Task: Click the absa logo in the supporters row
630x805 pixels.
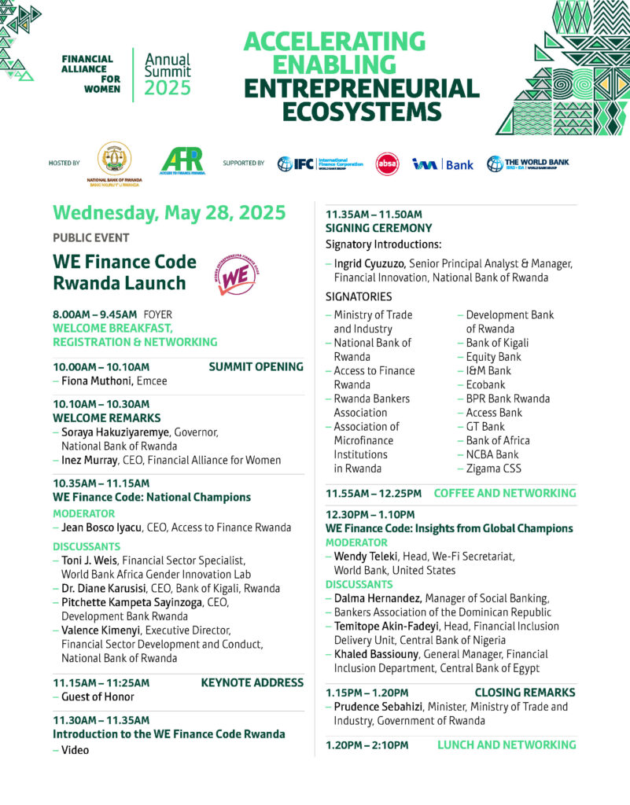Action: coord(387,164)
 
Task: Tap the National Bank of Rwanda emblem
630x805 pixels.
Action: coord(114,160)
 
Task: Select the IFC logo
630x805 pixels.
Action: coord(320,164)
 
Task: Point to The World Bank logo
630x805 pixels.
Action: coord(528,164)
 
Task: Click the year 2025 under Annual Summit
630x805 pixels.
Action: coord(168,88)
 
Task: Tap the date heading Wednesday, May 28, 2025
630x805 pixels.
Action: coord(169,213)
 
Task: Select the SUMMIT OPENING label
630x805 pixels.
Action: coord(256,366)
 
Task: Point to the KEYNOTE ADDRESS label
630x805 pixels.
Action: coord(252,682)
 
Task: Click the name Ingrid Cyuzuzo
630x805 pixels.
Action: coord(368,263)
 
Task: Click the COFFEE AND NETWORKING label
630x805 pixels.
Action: coord(504,493)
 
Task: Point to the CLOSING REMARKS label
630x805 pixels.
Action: coord(525,693)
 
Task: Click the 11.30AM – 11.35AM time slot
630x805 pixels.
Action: coord(101,719)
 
